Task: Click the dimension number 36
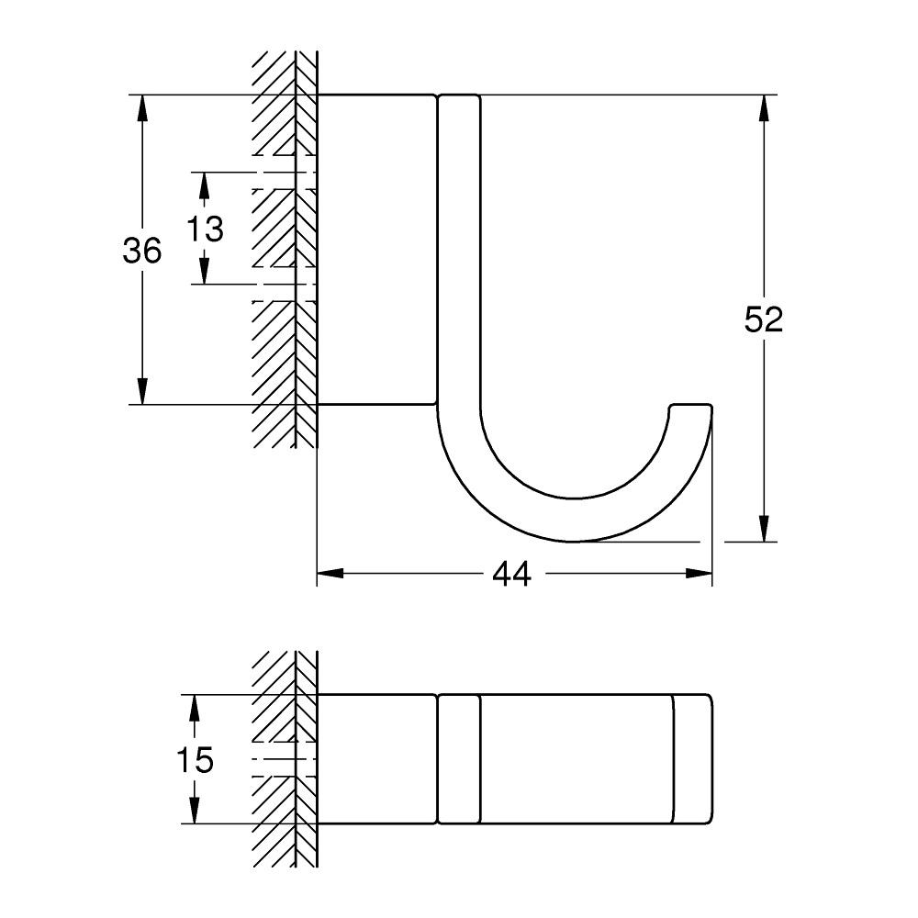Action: click(142, 250)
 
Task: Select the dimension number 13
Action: click(205, 228)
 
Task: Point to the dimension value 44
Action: click(512, 575)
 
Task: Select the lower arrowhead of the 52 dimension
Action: click(763, 530)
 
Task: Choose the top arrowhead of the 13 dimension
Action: click(205, 184)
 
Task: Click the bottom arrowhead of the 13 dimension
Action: click(205, 272)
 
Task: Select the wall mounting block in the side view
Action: click(376, 249)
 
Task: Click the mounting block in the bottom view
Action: click(376, 758)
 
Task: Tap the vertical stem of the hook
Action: click(459, 248)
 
